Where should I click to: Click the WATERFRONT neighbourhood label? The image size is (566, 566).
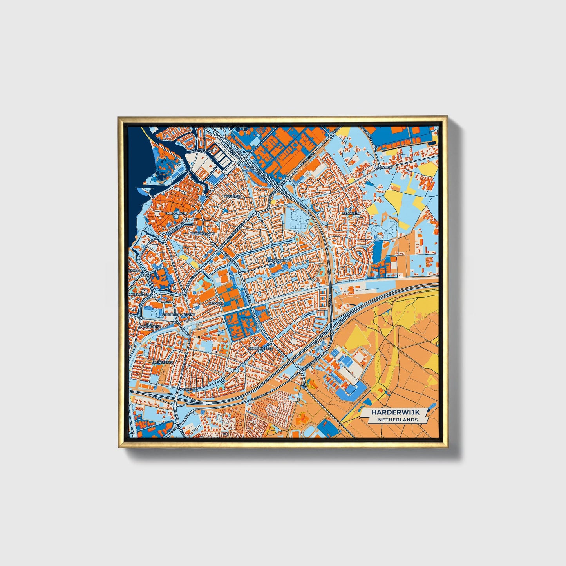201,150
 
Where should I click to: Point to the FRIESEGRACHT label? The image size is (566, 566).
203,233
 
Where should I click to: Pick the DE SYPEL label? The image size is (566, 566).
216,303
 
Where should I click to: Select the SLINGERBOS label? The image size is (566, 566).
163,362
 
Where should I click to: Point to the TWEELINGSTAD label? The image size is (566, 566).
260,348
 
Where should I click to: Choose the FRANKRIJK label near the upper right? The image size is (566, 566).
383,167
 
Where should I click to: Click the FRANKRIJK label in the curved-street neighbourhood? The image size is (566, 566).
351,213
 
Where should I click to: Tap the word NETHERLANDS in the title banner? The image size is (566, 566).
398,420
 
